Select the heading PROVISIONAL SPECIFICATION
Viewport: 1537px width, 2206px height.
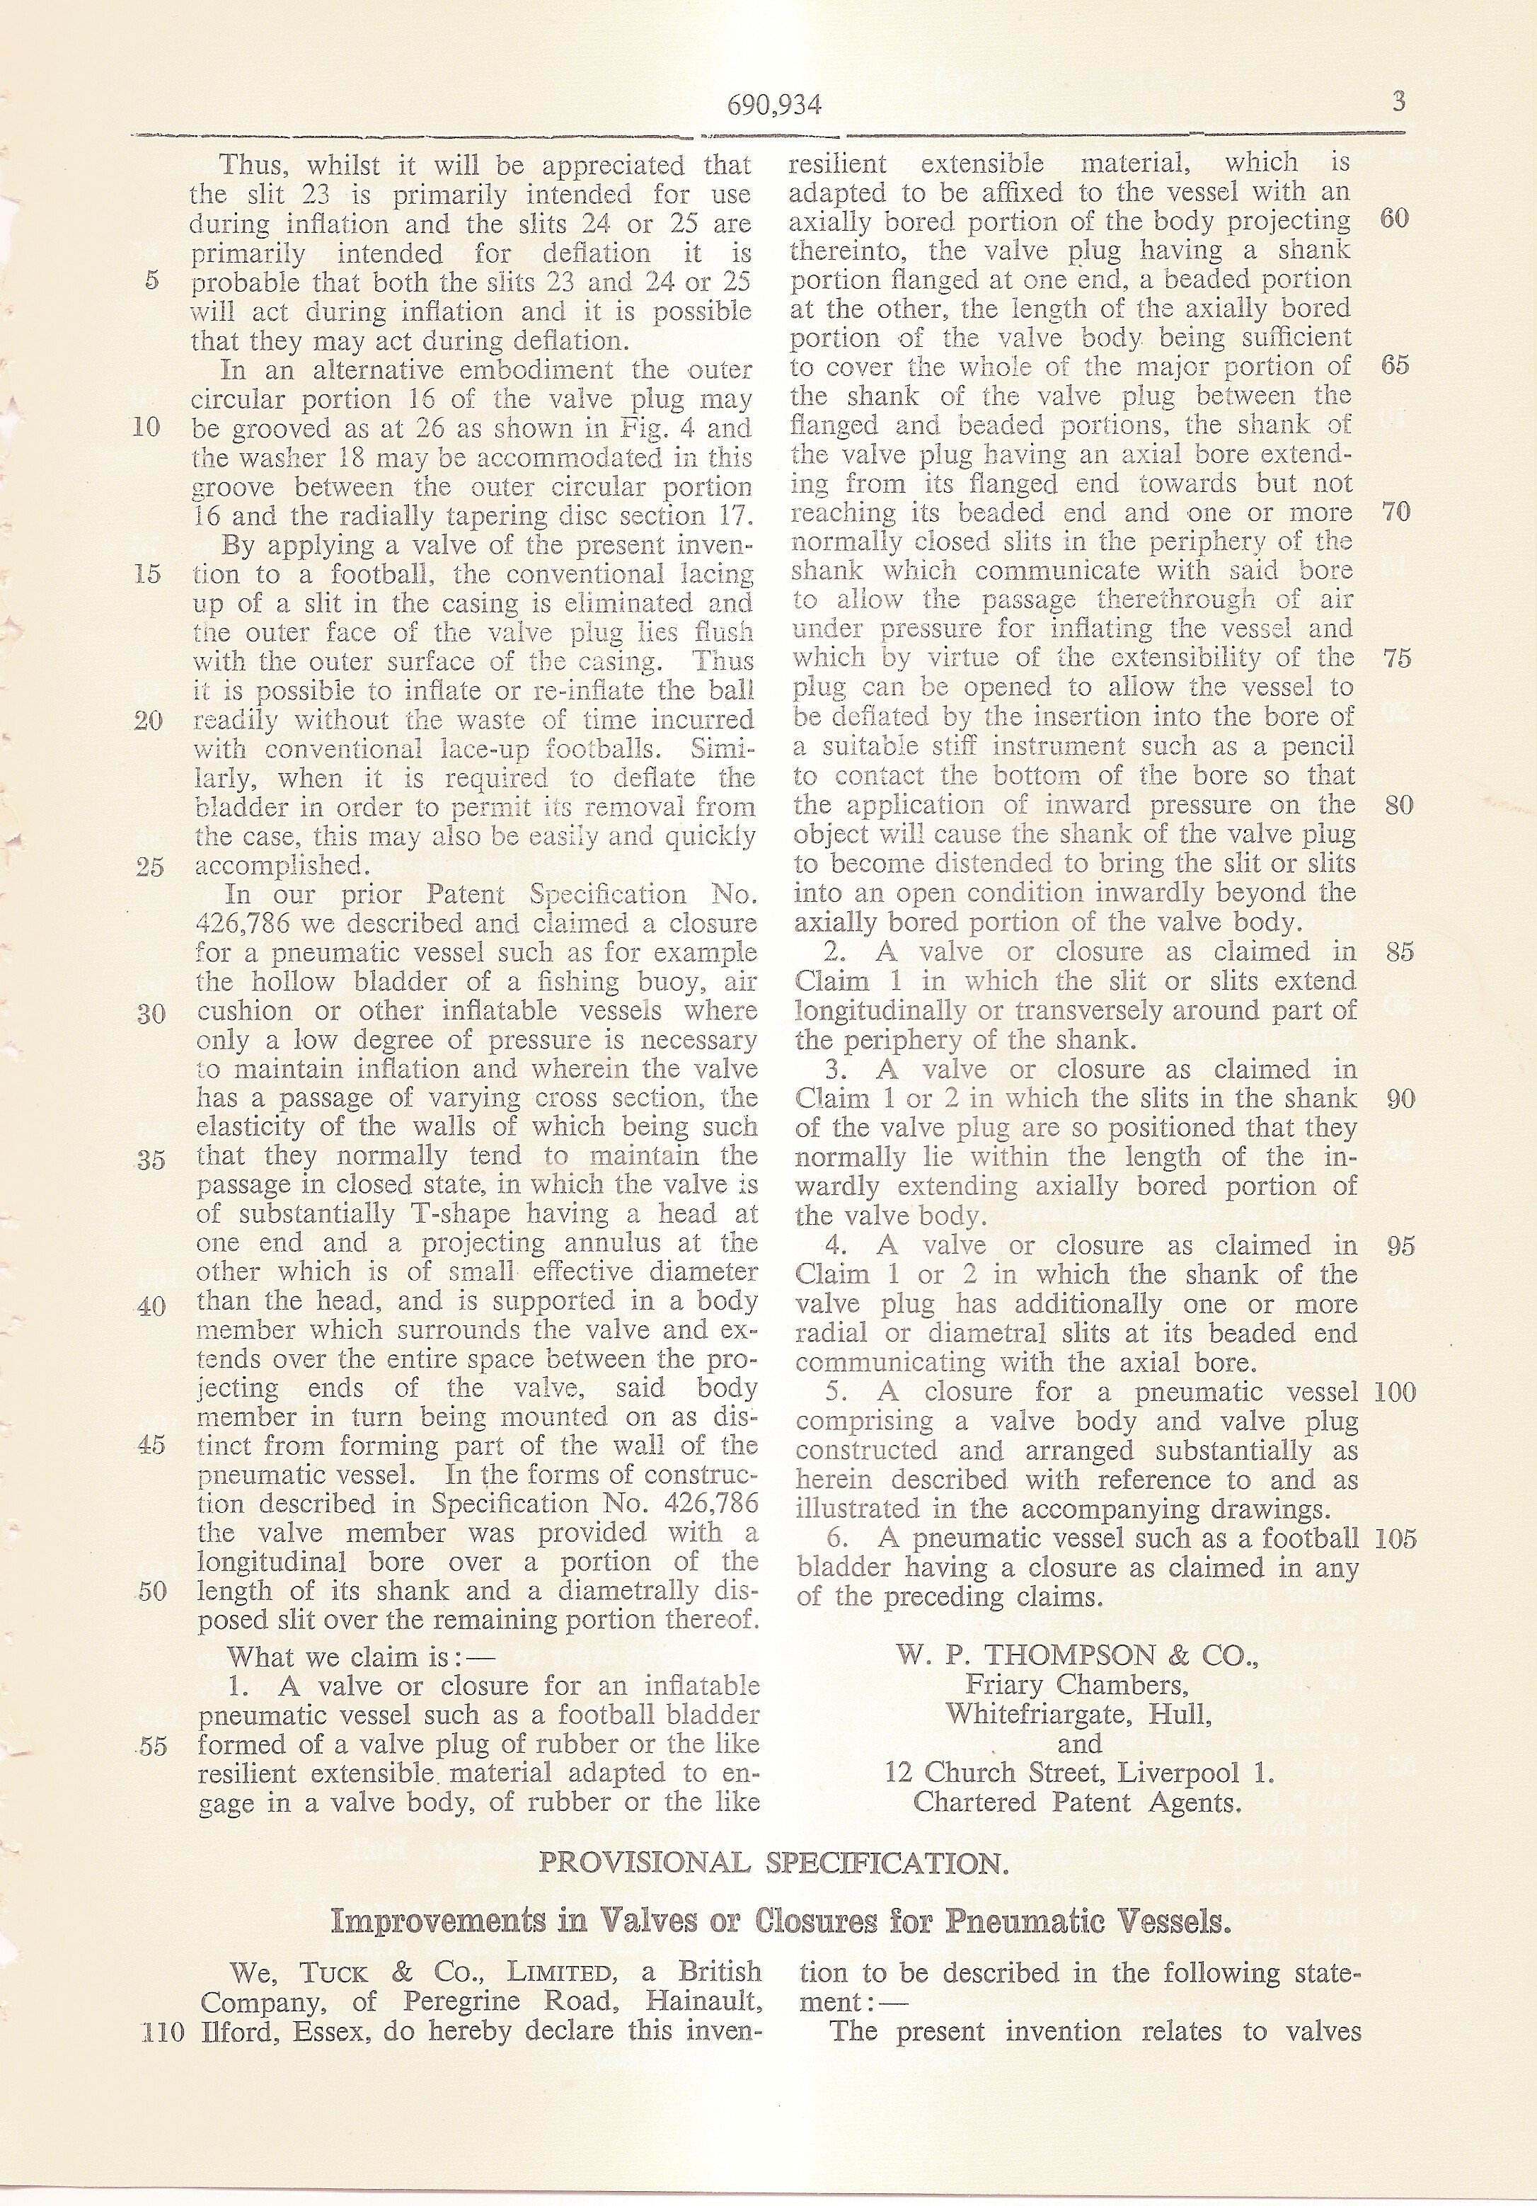tap(773, 1864)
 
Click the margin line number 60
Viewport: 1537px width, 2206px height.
tap(1395, 219)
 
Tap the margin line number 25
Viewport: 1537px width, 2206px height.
tap(151, 867)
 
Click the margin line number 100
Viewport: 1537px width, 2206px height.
tap(1395, 1391)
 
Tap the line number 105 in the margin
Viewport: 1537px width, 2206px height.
tap(1395, 1538)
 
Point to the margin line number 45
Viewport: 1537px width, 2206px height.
tap(151, 1446)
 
